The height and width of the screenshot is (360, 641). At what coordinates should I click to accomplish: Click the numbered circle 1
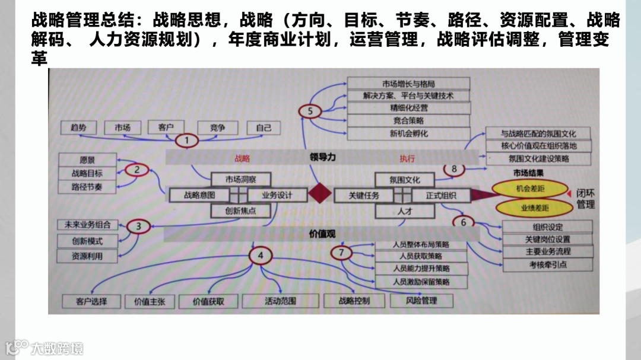pos(188,141)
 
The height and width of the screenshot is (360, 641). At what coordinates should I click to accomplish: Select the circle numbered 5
pos(310,111)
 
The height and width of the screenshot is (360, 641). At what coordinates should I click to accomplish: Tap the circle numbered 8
pos(455,170)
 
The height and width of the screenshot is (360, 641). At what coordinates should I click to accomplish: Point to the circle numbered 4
pos(260,256)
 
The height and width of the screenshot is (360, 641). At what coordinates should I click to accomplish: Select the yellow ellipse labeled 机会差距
pos(531,188)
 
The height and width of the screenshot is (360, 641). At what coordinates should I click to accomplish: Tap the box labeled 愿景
pos(87,160)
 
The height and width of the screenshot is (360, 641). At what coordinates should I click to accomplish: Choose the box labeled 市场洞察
pos(240,179)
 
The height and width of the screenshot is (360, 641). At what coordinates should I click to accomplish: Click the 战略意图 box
pos(199,195)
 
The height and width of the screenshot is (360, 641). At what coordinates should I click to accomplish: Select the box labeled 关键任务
pos(363,195)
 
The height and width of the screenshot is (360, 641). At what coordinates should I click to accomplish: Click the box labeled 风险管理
pos(421,301)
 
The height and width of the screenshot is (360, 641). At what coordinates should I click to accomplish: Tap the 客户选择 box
pos(91,301)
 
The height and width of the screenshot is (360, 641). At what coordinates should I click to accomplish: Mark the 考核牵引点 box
pos(547,265)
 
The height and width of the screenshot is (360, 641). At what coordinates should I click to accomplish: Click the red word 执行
pos(407,158)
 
